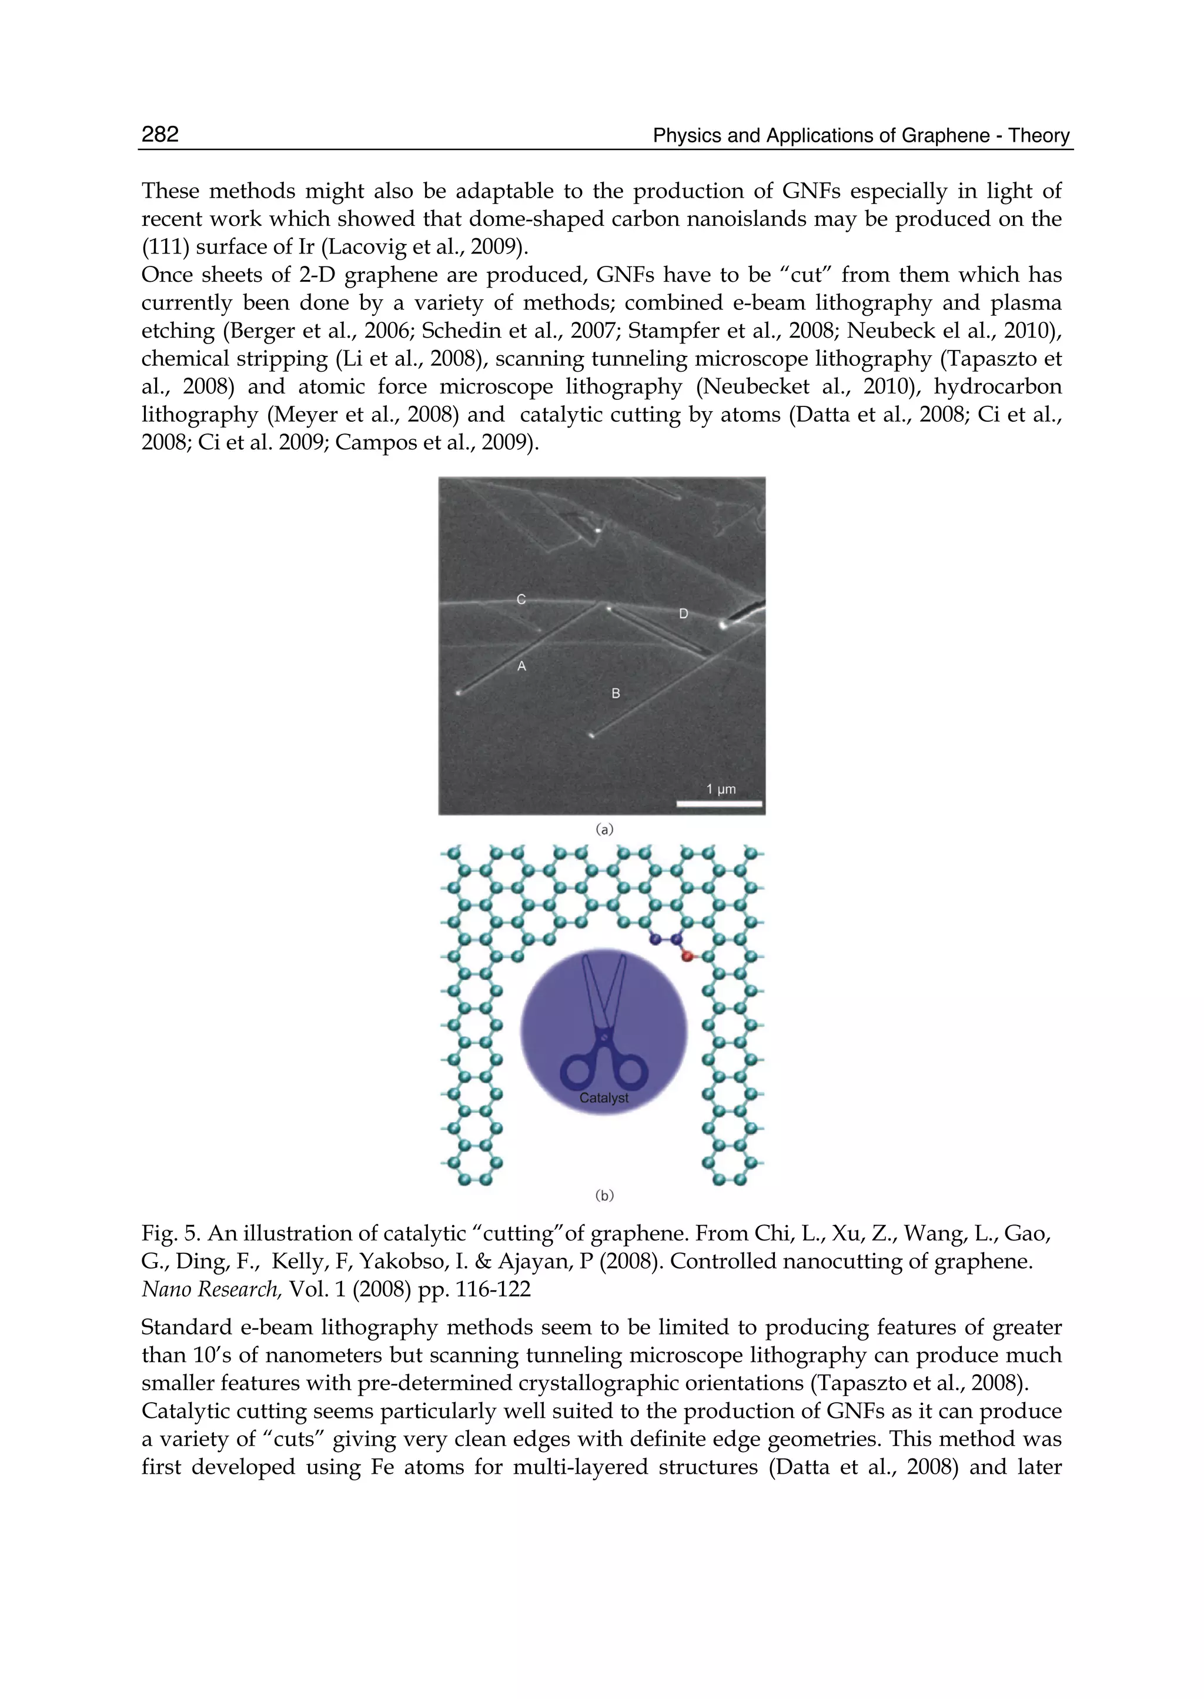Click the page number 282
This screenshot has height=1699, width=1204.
pyautogui.click(x=160, y=134)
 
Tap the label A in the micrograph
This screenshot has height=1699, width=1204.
pyautogui.click(x=522, y=667)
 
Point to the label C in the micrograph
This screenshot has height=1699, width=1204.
pyautogui.click(x=521, y=599)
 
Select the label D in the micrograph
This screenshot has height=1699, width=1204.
pyautogui.click(x=684, y=613)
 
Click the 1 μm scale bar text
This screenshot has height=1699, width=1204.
pyautogui.click(x=721, y=789)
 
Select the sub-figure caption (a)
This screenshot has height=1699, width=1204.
pyautogui.click(x=604, y=829)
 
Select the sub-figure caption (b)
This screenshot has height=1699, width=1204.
pyautogui.click(x=604, y=1195)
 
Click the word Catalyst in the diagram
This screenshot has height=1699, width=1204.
pyautogui.click(x=604, y=1097)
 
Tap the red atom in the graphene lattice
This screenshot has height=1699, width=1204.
pyautogui.click(x=687, y=957)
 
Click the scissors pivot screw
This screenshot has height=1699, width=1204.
pyautogui.click(x=604, y=1037)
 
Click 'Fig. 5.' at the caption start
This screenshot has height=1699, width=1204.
pyautogui.click(x=170, y=1234)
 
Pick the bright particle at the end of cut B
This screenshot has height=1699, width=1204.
pyautogui.click(x=591, y=736)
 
